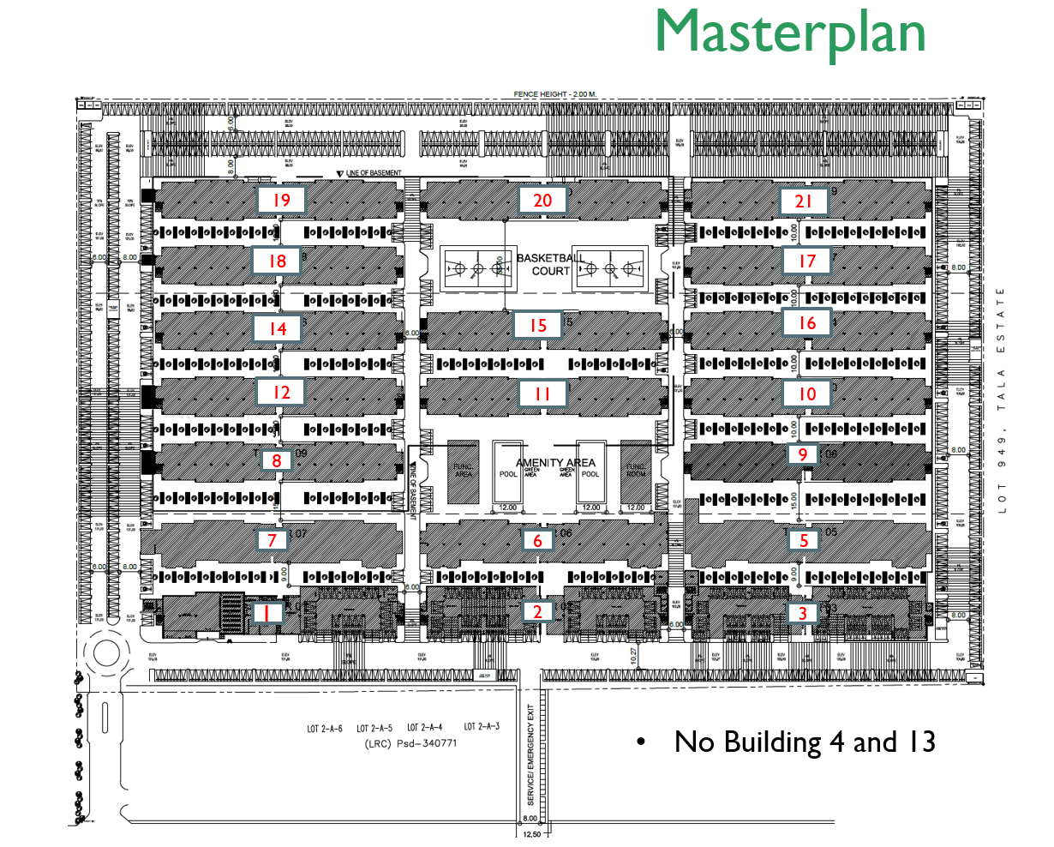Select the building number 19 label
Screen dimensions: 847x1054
point(282,201)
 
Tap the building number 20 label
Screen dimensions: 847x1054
point(542,201)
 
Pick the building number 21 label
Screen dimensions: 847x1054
point(803,201)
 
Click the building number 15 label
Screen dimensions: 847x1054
point(537,326)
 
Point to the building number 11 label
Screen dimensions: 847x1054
point(542,394)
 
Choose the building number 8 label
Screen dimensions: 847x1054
point(276,461)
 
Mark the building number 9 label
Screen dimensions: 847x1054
point(803,454)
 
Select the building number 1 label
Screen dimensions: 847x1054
point(267,613)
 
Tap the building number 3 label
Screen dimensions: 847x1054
point(803,613)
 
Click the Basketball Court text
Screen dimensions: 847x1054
point(551,264)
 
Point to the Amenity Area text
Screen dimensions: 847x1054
point(555,462)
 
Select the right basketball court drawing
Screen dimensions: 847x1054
point(610,269)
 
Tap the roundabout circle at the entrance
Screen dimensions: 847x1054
point(107,654)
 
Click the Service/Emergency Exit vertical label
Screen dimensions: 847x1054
point(531,754)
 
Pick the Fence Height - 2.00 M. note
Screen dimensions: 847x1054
point(554,94)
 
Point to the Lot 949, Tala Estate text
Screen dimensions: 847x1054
point(1002,399)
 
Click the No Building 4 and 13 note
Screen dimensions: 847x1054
point(804,742)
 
